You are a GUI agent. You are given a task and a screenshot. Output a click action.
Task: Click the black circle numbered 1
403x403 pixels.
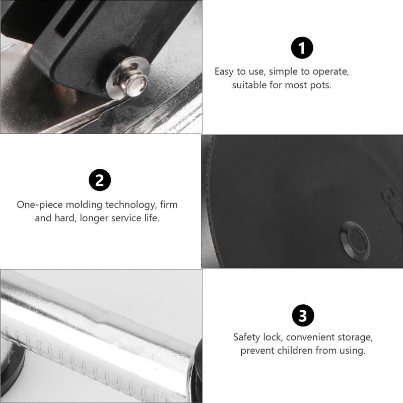point(302,48)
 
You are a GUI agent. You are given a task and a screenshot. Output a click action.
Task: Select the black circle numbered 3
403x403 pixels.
point(303,316)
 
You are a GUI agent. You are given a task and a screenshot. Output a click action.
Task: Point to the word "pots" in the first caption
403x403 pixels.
point(322,85)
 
